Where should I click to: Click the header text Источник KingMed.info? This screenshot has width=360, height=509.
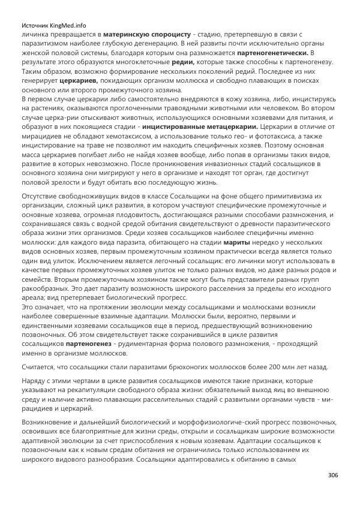(53, 26)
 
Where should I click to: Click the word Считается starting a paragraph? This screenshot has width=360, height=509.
(40, 367)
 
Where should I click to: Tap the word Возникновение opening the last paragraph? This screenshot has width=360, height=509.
(50, 423)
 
